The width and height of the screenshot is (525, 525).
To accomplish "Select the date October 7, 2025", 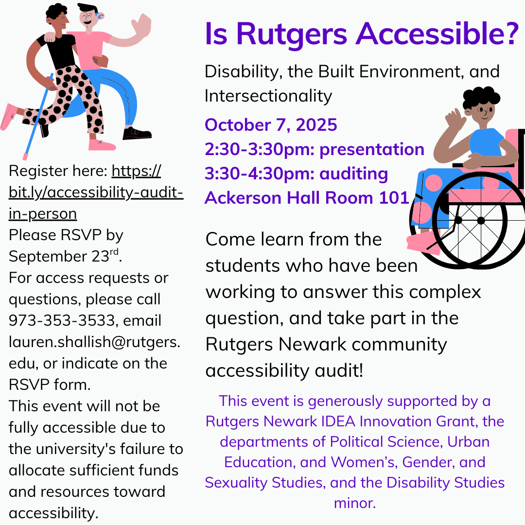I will tap(271, 124).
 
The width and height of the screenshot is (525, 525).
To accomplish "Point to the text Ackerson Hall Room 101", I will tap(306, 198).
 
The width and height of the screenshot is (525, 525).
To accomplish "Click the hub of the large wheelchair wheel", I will tap(481, 220).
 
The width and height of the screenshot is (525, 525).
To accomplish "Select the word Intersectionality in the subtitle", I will tap(268, 96).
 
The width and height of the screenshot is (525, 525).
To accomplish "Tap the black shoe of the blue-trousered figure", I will tap(137, 133).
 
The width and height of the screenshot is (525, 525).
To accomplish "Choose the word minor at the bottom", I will tap(354, 503).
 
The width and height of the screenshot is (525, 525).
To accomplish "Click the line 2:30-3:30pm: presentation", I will tap(315, 149).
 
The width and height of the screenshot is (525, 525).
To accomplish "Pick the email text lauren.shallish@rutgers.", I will tap(94, 342).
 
